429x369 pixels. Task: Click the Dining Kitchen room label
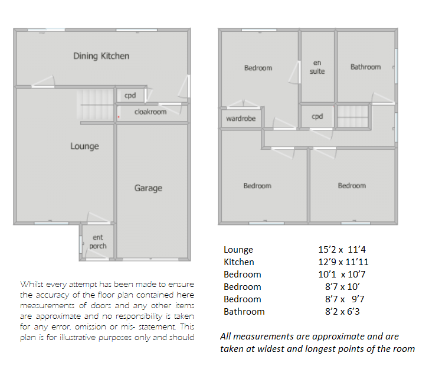point(101,56)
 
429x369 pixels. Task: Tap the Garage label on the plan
point(148,188)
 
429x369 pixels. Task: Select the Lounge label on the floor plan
point(84,146)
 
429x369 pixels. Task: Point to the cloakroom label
point(150,112)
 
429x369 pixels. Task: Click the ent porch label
point(98,241)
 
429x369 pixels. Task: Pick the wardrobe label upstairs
point(241,119)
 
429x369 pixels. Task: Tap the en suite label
point(317,67)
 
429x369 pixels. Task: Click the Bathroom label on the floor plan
point(365,67)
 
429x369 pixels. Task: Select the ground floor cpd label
point(130,96)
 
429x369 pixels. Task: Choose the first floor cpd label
point(317,117)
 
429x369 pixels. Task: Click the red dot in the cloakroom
point(119,117)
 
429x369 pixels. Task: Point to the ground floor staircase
point(95,105)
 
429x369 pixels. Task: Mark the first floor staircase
point(353,116)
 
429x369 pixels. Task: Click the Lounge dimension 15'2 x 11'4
point(342,249)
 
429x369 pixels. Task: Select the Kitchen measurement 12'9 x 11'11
point(343,262)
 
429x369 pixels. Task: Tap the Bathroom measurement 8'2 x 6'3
point(342,312)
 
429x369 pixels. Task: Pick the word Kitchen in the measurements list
point(239,262)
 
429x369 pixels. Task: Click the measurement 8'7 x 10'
point(342,286)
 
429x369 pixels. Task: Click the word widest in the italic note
point(273,349)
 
